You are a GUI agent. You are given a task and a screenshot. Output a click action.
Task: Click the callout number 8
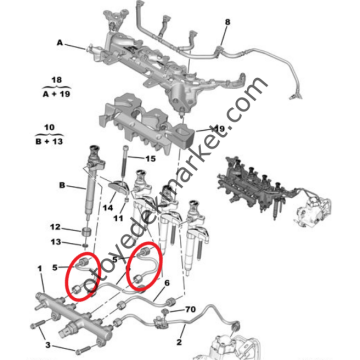pos(227,22)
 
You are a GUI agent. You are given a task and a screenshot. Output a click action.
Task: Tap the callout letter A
pos(60,43)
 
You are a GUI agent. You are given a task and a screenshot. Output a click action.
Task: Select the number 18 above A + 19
pos(57,80)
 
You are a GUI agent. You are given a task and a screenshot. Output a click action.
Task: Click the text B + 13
pos(48,141)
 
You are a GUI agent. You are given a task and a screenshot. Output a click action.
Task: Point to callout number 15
pos(150,159)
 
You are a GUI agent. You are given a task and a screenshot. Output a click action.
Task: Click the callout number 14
pos(108,208)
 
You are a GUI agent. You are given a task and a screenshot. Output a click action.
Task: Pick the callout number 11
pos(119,218)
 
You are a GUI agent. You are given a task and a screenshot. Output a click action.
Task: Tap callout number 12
pos(55,227)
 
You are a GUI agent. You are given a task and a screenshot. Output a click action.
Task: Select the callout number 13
pos(56,242)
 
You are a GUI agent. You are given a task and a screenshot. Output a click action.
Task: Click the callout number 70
pos(190,310)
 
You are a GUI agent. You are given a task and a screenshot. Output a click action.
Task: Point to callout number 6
pos(167,283)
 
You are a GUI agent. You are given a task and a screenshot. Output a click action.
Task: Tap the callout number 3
pos(48,345)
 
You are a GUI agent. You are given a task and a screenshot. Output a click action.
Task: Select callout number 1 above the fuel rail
pos(40,269)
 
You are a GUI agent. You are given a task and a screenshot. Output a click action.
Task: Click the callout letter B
pos(62,185)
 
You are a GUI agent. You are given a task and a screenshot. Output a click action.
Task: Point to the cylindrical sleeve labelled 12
pos(87,231)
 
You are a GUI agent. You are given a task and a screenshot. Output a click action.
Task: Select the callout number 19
pos(218,129)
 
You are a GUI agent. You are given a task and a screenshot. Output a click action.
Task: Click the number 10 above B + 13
pos(49,128)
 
